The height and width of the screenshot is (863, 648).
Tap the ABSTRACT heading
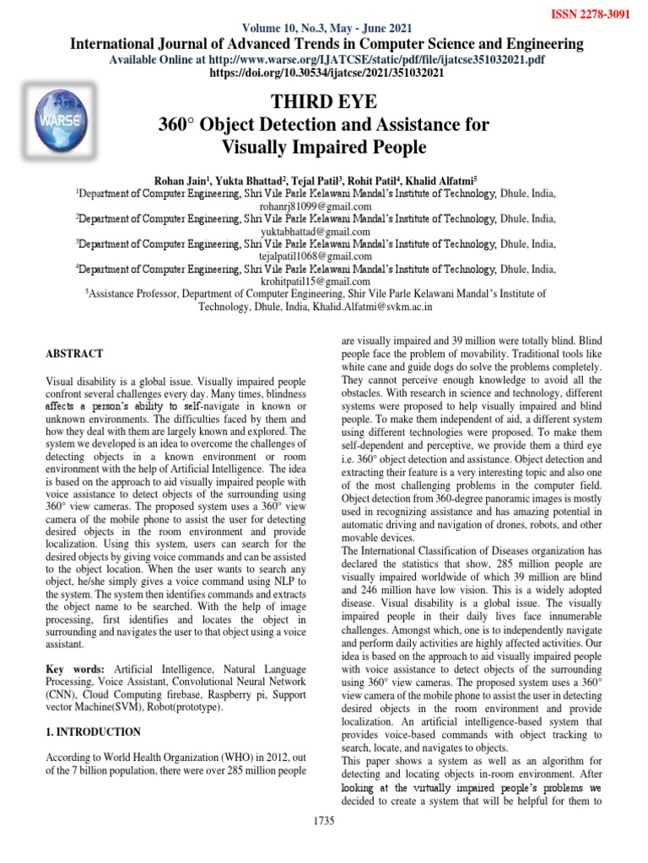tap(74, 354)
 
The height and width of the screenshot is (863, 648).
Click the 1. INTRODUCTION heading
tap(93, 732)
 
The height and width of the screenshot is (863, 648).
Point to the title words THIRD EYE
tap(323, 103)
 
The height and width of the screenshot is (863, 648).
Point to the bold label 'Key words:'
tap(66, 668)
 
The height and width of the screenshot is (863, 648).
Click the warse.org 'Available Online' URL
tap(397, 61)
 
